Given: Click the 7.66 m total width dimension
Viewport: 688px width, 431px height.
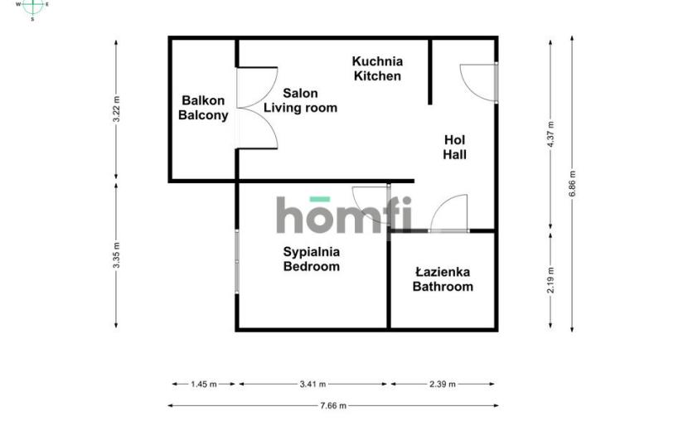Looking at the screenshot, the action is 333,405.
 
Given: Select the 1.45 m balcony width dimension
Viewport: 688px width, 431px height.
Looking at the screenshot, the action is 204,384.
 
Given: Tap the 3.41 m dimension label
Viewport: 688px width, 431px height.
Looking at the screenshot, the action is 313,384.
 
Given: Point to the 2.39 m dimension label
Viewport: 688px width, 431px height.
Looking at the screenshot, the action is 443,384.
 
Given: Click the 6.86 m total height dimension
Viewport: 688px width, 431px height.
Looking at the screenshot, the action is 572,183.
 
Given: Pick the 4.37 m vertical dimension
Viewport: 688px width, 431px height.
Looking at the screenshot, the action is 550,135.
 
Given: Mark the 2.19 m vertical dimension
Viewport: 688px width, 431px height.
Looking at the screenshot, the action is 550,280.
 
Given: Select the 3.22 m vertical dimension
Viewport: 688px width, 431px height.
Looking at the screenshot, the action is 116,109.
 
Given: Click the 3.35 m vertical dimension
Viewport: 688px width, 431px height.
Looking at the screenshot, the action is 116,255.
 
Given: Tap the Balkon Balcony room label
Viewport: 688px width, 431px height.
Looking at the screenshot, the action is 203,108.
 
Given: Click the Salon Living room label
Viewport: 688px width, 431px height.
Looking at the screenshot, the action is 300,100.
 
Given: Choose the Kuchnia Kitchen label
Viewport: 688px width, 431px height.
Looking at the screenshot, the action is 377,69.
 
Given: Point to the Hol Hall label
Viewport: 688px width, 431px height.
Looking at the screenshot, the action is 454,147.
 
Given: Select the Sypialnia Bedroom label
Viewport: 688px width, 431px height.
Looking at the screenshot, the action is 312,259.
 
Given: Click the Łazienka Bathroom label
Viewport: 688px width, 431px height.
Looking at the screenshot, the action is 443,279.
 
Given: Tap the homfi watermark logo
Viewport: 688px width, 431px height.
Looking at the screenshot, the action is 345,215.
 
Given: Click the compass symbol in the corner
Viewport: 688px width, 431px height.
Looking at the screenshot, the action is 32,7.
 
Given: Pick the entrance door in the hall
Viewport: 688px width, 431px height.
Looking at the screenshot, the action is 479,83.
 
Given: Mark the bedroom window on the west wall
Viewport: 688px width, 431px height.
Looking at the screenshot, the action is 237,262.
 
